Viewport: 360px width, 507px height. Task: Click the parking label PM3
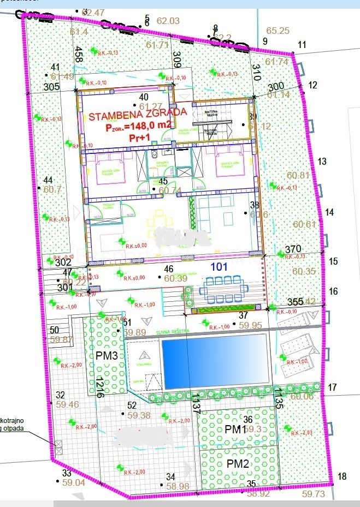[107, 356]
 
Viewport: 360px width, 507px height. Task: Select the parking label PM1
[235, 430]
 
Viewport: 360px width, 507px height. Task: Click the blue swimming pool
[214, 362]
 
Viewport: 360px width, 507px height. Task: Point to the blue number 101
[220, 267]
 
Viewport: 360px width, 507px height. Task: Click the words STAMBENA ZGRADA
[138, 116]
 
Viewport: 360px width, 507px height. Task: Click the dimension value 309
[176, 58]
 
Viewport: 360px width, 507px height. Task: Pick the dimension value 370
[293, 248]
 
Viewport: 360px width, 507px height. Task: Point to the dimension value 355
[295, 302]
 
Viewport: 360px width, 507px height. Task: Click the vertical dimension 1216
[99, 386]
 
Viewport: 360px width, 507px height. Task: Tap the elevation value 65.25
[278, 31]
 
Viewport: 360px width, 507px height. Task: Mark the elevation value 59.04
[74, 482]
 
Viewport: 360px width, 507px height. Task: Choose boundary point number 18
[342, 476]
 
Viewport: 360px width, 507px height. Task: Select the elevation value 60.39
[176, 278]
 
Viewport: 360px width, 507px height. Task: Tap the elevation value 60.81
[298, 175]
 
